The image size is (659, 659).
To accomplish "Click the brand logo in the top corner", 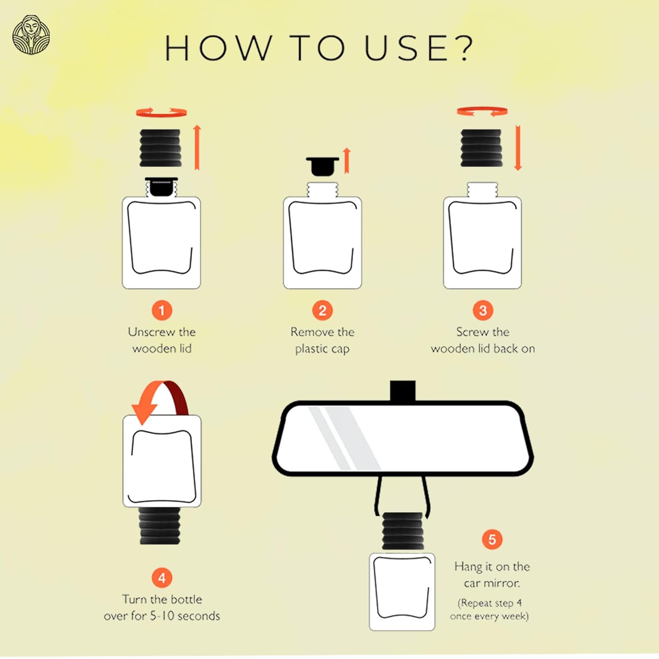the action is pos(31,35).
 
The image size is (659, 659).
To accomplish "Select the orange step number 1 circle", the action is pos(162,310).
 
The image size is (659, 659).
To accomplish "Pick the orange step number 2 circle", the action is pos(322,310).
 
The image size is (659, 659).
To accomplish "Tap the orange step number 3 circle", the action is pos(483,310).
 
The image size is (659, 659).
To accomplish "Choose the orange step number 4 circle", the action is pos(162,578).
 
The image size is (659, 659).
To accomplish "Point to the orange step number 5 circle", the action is pos(492,539).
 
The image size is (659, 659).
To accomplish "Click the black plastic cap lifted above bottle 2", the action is pos(322,166).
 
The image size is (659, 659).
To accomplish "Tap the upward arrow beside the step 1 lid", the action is pos(197,147).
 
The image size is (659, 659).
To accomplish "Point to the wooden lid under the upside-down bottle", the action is pos(160,526).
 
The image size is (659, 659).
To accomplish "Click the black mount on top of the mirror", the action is pos(403,391).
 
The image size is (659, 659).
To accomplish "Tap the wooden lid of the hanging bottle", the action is pos(402,531).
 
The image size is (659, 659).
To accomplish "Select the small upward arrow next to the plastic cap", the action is pos(347,160).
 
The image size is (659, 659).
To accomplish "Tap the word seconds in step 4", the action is pos(199,616).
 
